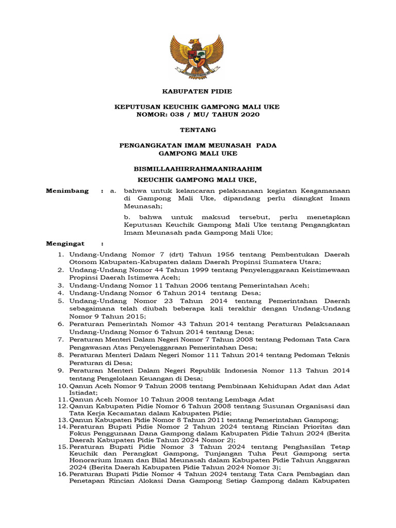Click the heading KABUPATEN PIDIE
(x=197, y=91)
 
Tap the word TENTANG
(x=197, y=129)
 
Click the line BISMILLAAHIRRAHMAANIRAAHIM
(x=197, y=168)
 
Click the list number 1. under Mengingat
(x=60, y=254)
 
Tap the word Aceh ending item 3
(x=299, y=285)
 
